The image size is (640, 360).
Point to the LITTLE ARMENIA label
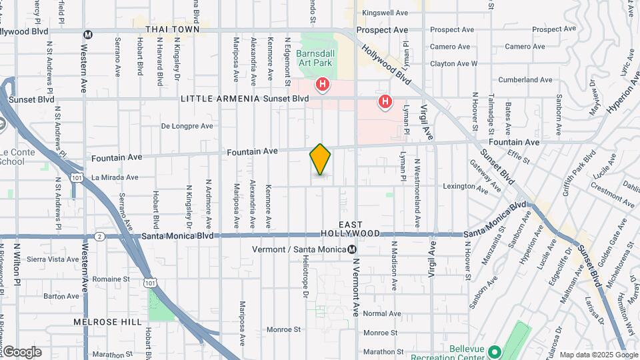pos(220,99)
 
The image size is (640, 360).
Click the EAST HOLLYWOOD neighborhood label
pos(351,229)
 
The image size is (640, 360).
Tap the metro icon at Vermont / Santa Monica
pos(352,249)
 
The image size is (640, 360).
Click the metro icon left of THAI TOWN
pos(88,34)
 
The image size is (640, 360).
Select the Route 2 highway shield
pos(99,236)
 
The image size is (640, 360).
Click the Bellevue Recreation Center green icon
pos(494,351)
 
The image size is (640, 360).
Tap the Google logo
pos(21,352)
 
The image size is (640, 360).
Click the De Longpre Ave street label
pos(187,126)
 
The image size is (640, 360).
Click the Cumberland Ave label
pos(526,80)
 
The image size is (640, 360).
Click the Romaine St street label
pos(111,279)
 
